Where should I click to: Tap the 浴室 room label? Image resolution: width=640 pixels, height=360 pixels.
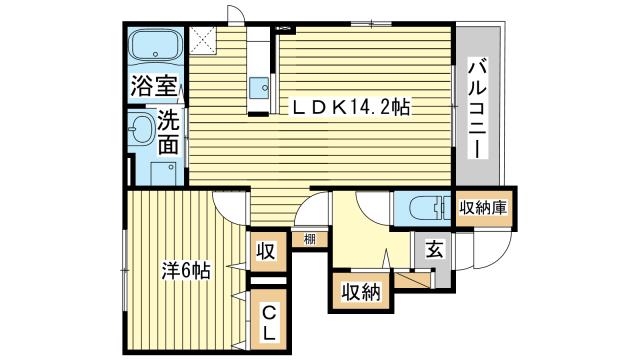click(153, 86)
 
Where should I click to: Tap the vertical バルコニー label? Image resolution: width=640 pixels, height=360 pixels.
click(478, 107)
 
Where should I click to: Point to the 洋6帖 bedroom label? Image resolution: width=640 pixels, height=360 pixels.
click(186, 270)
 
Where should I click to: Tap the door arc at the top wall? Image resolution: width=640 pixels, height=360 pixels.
click(236, 15)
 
